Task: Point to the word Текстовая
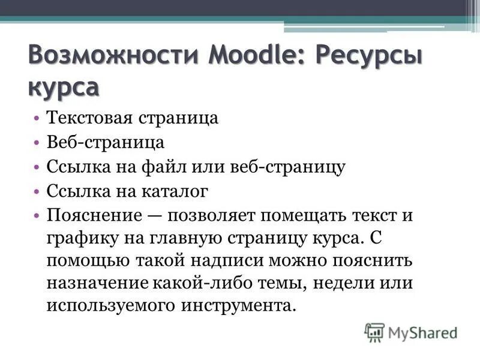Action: tap(91, 118)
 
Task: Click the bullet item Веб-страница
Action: tap(105, 143)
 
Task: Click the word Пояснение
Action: tap(93, 215)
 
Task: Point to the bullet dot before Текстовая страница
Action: tap(37, 118)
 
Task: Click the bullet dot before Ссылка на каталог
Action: tap(37, 191)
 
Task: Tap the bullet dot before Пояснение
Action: tap(37, 215)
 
